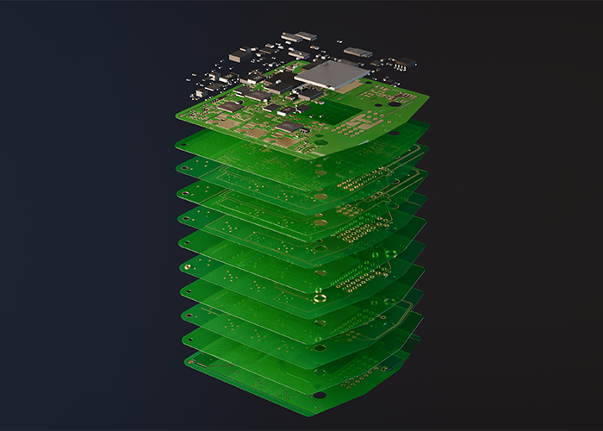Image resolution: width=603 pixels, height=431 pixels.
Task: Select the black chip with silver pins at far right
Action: point(401,63)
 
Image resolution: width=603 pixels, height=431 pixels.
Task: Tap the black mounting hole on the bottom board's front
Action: point(320,395)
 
